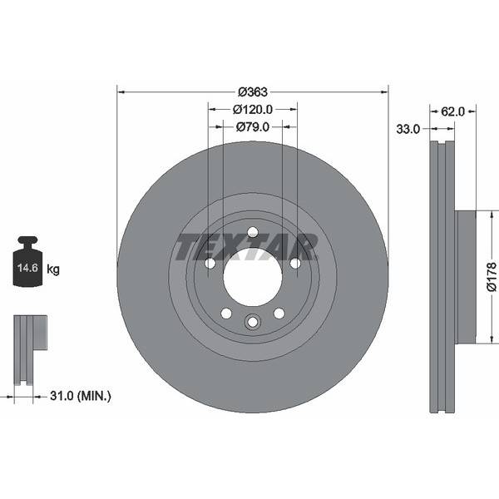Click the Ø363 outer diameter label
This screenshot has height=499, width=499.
[x=252, y=92]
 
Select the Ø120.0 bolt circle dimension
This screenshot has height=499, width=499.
[x=253, y=109]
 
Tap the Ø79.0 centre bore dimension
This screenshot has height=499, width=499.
[x=253, y=126]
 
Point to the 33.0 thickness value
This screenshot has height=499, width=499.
[x=408, y=129]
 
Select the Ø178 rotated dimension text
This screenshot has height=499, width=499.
[x=491, y=277]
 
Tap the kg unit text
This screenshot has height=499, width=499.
[x=53, y=269]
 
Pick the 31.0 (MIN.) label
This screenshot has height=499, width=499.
[x=80, y=397]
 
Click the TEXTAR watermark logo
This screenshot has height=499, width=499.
[x=246, y=247]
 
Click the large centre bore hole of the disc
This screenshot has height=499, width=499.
[x=252, y=276]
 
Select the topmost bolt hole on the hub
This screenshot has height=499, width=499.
[x=253, y=232]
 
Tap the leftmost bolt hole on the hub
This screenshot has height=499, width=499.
[x=210, y=263]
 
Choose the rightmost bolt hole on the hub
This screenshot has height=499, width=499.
[x=295, y=263]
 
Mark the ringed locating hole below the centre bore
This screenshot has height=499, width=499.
[x=253, y=322]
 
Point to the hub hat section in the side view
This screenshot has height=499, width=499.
[x=466, y=276]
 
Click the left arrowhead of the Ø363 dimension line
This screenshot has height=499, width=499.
[x=120, y=92]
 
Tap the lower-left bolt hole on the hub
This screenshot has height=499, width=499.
[x=226, y=314]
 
